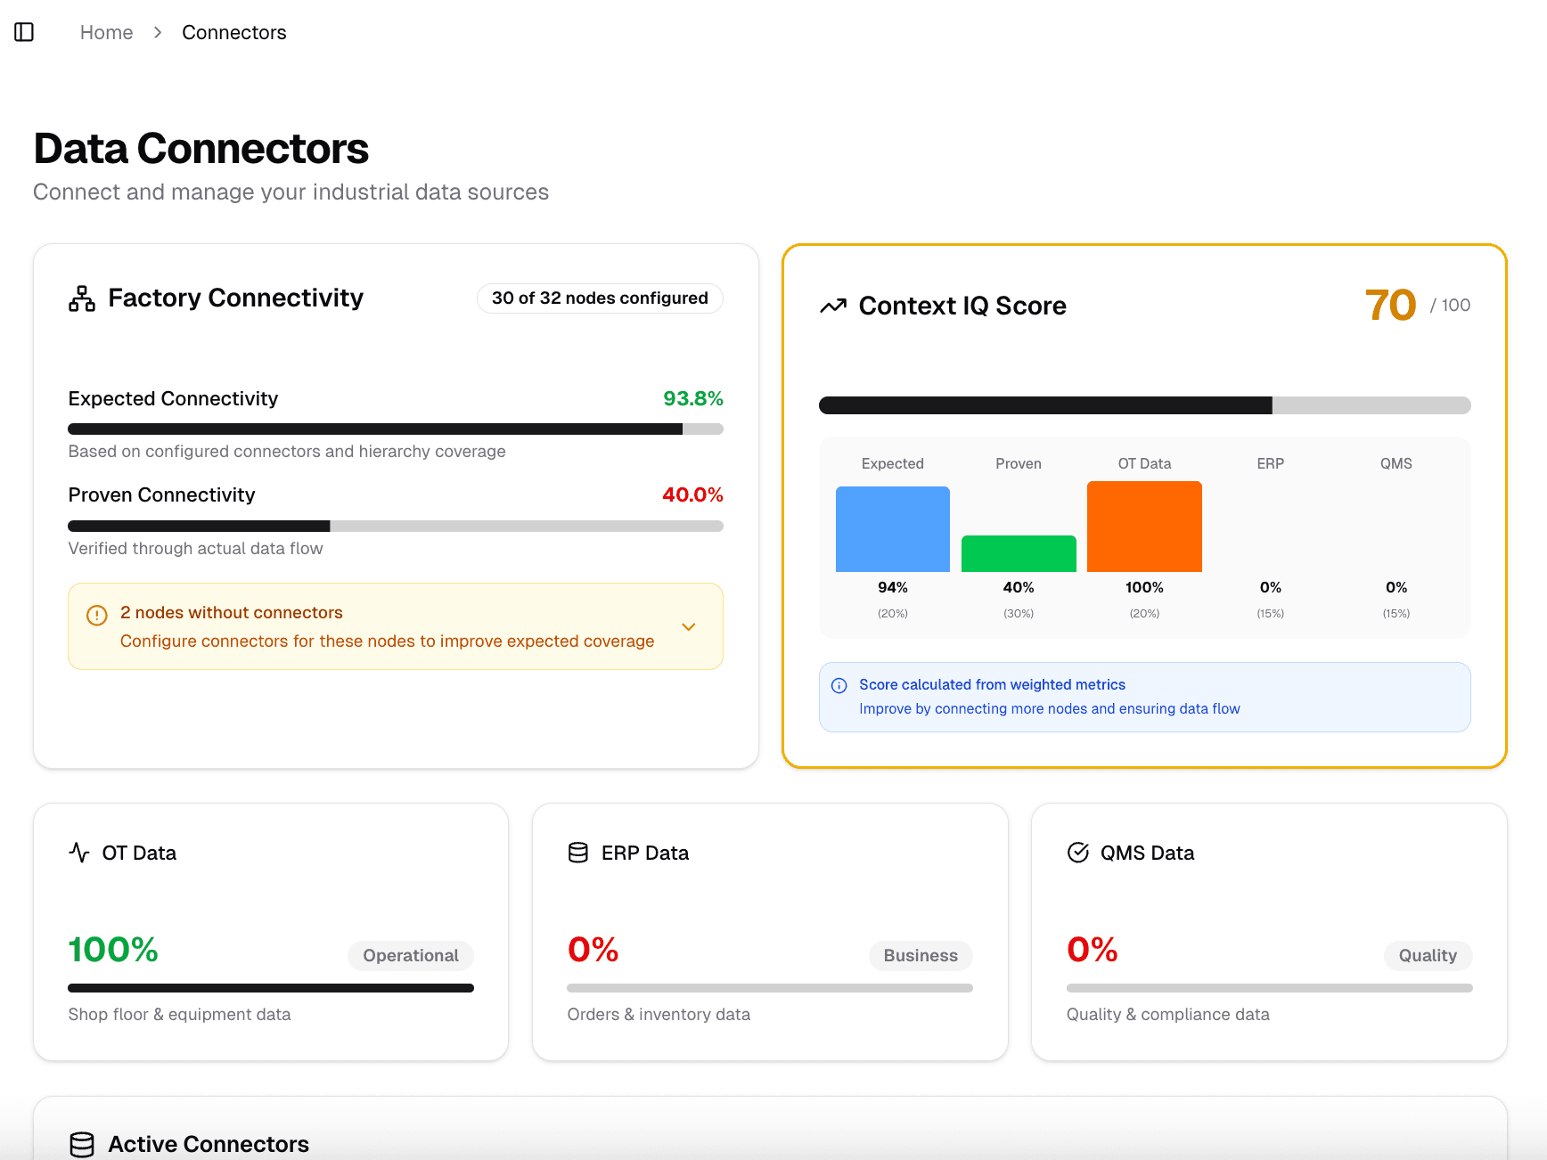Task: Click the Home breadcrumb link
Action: pos(106,33)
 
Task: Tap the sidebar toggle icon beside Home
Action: pos(24,33)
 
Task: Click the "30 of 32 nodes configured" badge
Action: pos(600,298)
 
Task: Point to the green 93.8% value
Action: pos(692,399)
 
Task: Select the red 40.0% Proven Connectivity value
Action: pos(692,495)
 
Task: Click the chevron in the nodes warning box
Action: pos(688,627)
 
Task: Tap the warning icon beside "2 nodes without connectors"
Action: pos(96,615)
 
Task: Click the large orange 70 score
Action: pos(1390,306)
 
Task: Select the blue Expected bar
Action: pos(892,529)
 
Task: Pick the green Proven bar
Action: pos(1019,553)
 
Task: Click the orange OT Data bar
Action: pos(1144,527)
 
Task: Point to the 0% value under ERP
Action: pos(1270,588)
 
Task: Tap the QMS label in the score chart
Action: pos(1396,464)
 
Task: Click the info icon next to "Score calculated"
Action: pos(839,686)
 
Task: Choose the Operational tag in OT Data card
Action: pos(410,956)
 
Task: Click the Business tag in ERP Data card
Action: pos(921,956)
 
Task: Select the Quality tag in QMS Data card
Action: pos(1428,956)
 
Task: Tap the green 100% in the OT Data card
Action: pos(113,950)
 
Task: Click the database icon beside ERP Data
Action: pos(578,854)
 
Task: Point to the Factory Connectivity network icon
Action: pos(82,298)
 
